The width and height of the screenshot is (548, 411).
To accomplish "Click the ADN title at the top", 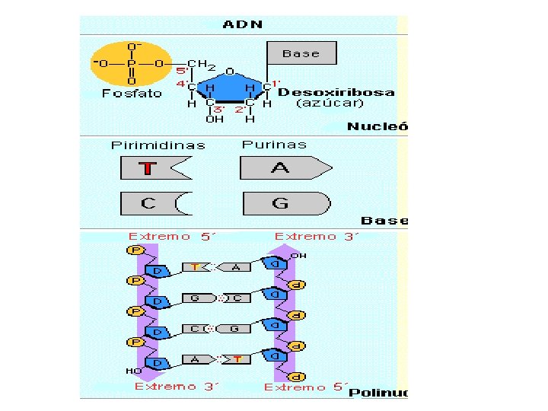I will tap(243, 24).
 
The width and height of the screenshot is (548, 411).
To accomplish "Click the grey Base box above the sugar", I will tap(301, 53).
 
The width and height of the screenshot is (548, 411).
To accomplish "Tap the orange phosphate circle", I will tap(132, 64).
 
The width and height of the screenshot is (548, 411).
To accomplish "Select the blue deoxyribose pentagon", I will tap(228, 90).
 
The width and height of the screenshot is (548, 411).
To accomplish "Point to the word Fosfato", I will tap(132, 94).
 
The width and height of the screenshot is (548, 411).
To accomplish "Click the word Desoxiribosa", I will tap(336, 93).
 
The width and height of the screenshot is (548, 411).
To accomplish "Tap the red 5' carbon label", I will tap(182, 70).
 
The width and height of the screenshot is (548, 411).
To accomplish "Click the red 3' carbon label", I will tap(218, 109).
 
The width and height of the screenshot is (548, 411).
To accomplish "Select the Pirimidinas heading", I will tap(158, 145).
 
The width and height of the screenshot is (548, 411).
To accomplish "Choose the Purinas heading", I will tap(274, 144).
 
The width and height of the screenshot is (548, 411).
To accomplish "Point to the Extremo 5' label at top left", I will tap(173, 236).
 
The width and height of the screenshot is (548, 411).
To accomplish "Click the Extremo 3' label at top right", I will tap(315, 236).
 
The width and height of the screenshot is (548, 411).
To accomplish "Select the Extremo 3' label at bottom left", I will tap(177, 386).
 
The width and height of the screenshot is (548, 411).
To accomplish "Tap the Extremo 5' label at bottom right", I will tap(304, 386).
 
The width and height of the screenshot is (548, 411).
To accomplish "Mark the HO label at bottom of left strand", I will tap(132, 371).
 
